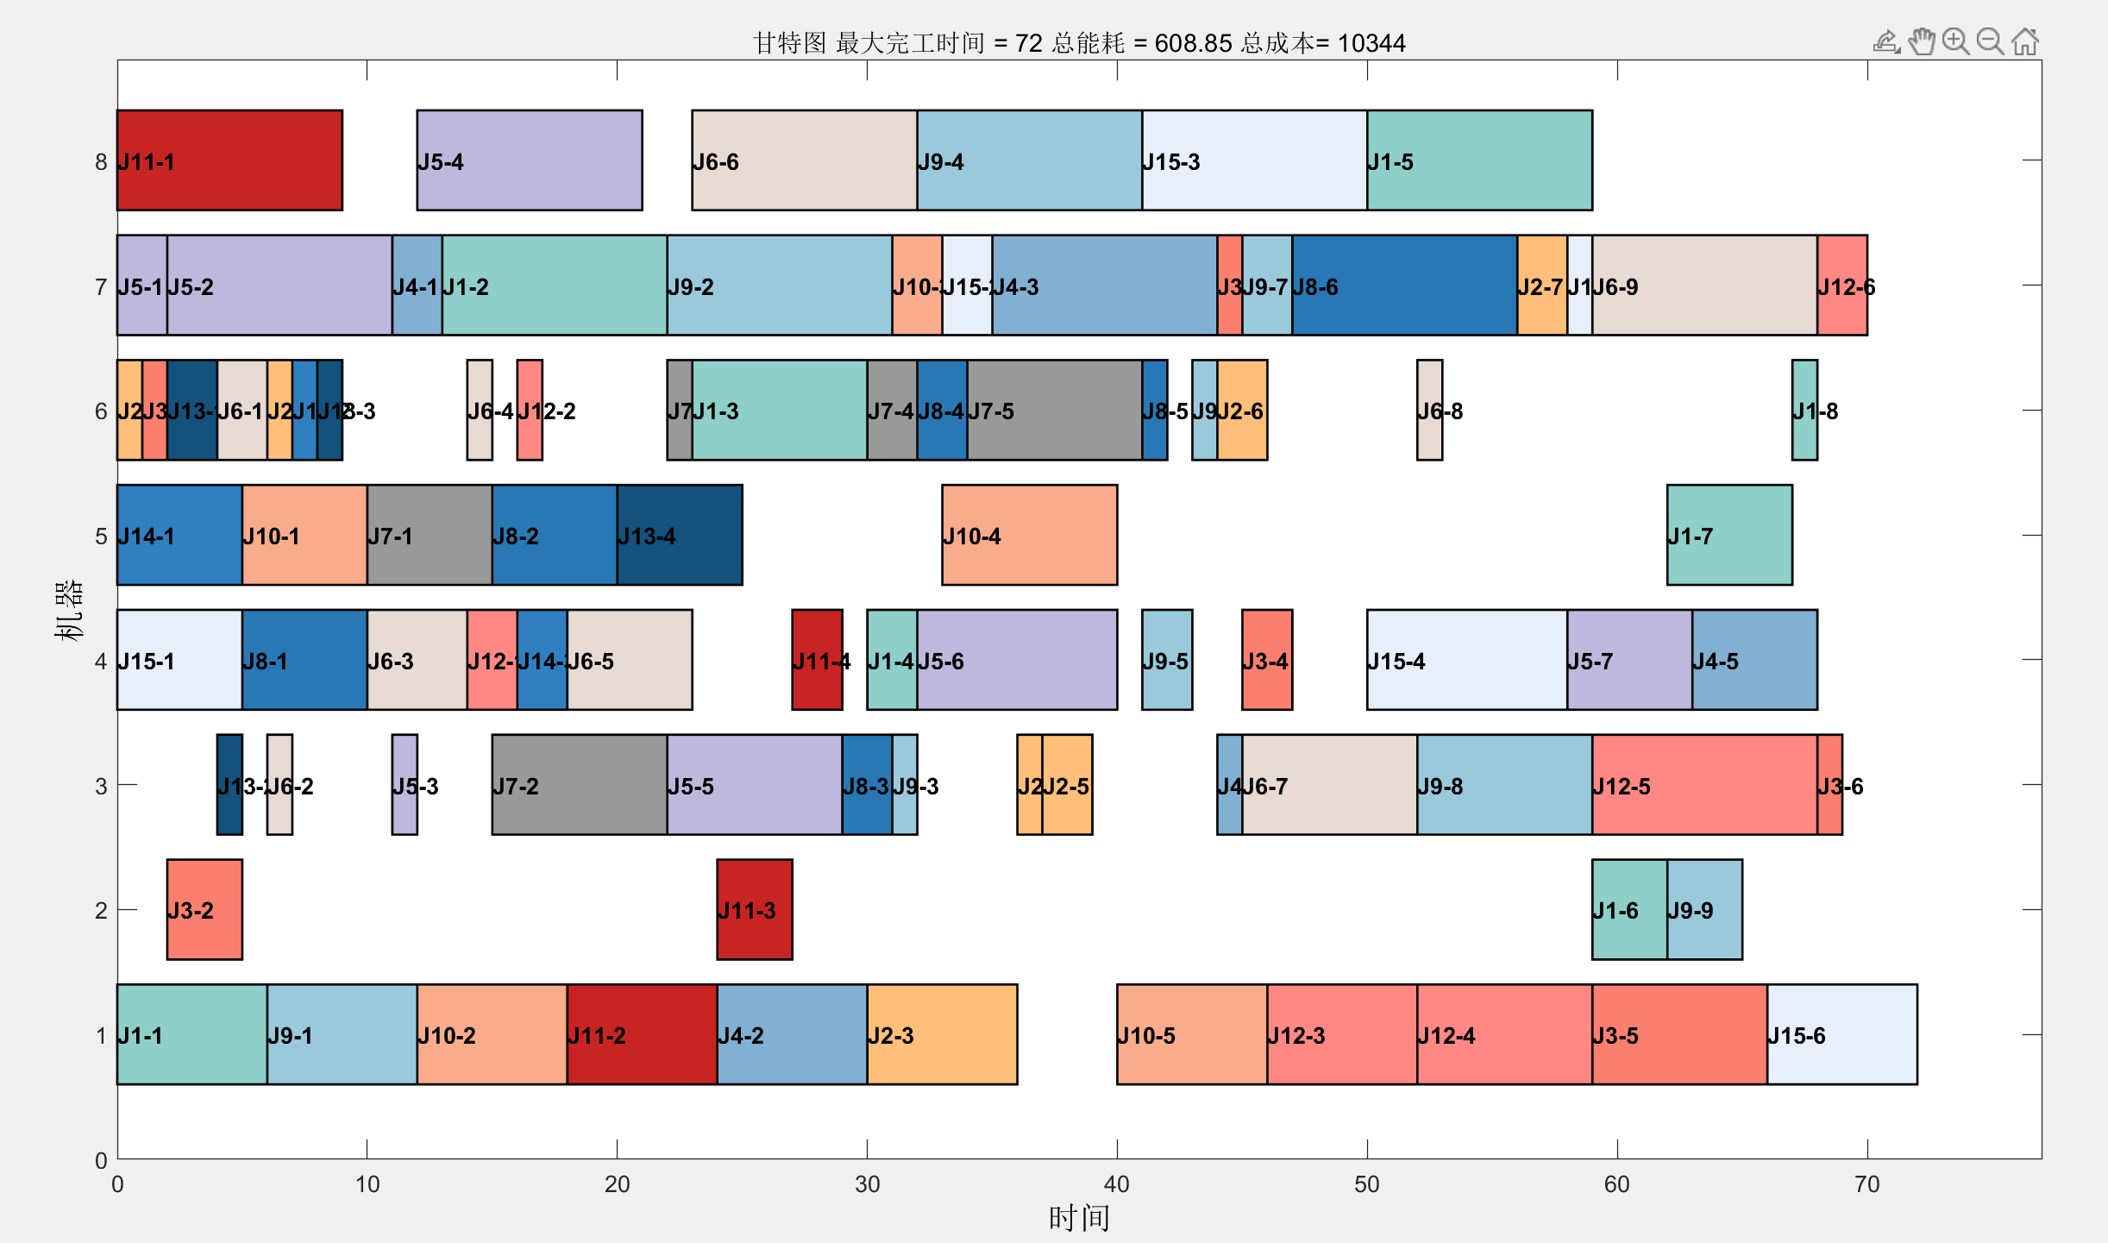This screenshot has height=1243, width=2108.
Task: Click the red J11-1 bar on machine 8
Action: (x=229, y=160)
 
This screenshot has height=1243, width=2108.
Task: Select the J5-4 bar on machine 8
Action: (x=530, y=160)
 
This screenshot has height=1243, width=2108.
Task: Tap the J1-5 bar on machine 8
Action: (x=1479, y=160)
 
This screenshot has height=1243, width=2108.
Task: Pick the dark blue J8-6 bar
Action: (x=1404, y=286)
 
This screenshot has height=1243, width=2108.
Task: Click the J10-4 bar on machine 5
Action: (x=1029, y=535)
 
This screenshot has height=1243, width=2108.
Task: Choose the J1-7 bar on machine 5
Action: (x=1728, y=535)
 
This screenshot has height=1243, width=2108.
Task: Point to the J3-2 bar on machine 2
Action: (x=204, y=909)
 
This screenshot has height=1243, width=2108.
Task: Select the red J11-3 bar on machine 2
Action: (x=754, y=909)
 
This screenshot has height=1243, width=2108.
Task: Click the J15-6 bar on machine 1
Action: (x=1841, y=1034)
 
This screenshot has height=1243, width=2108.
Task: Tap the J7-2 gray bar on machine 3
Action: (x=579, y=785)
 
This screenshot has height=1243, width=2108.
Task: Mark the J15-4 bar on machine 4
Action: (x=1466, y=660)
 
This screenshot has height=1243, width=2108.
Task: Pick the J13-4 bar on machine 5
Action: (x=680, y=535)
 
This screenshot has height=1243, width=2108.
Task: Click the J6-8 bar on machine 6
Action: (x=1429, y=411)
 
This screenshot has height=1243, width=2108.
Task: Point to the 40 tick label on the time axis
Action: (x=1116, y=1183)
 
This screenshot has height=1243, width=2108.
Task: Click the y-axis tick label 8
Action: (x=101, y=162)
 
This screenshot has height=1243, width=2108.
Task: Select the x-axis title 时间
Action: (x=1078, y=1218)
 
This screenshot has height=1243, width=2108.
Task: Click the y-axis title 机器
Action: (x=68, y=610)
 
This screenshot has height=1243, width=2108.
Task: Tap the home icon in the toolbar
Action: (x=2024, y=41)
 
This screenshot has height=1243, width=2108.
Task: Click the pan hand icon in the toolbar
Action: (x=1921, y=41)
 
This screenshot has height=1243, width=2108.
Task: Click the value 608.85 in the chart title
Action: (x=1193, y=43)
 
